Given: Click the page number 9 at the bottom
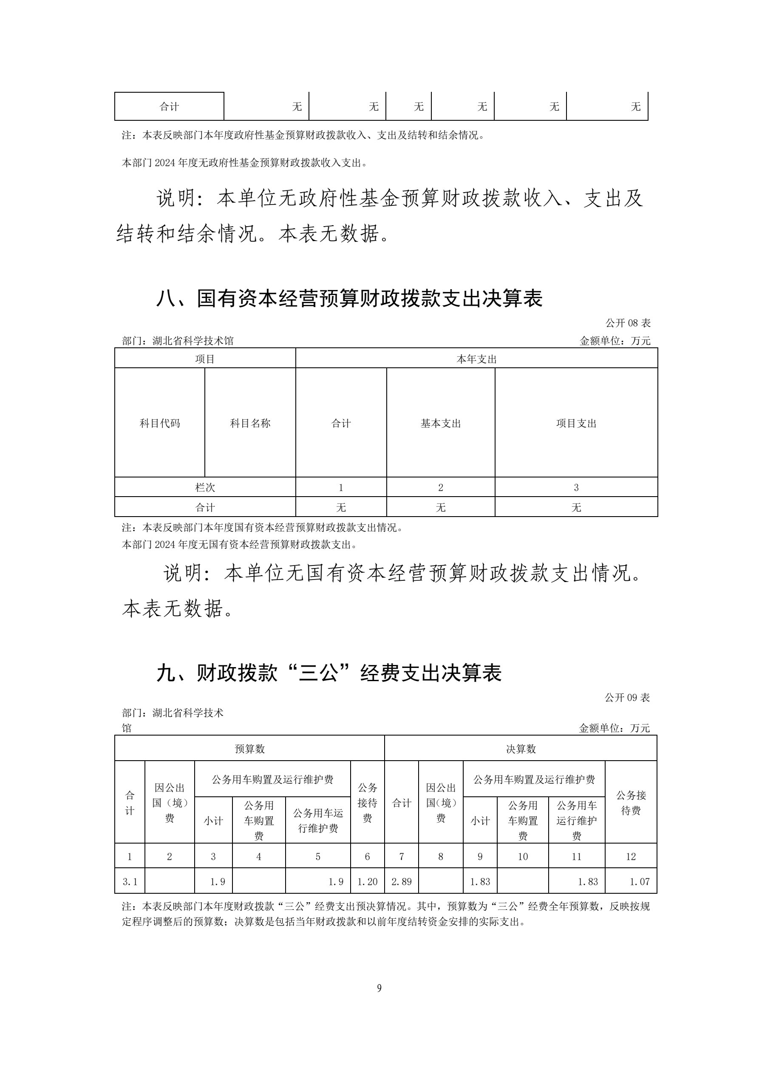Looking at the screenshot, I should pos(379,988).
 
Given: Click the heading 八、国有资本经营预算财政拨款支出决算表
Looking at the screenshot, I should pos(349,299).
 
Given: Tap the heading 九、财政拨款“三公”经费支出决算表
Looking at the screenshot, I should pos(329,673).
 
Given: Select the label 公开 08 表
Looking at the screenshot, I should pos(628,323).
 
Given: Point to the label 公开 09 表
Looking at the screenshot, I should pos(627,697).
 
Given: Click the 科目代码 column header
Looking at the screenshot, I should pos(159,423).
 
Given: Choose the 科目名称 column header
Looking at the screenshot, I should pos(250,423).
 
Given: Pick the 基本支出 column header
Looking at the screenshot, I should pos(441,423).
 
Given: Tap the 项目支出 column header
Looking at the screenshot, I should pos(576,423).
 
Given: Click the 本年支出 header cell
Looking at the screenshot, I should pos(476,359).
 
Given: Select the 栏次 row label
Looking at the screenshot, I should pos(205,487).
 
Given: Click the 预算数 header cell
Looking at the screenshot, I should pos(250,749).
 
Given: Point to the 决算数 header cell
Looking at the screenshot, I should pos(521,749).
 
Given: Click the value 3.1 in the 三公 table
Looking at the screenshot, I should pos(130,882).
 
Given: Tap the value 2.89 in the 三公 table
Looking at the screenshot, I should pos(401,882).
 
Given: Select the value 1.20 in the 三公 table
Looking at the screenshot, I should pos(367,882).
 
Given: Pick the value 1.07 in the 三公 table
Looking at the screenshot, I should pos(639,882).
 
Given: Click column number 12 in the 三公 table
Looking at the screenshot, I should pos(631,856).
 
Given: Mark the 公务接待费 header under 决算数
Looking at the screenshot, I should pos(631,803).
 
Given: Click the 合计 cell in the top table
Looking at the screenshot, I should pos(169,107).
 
